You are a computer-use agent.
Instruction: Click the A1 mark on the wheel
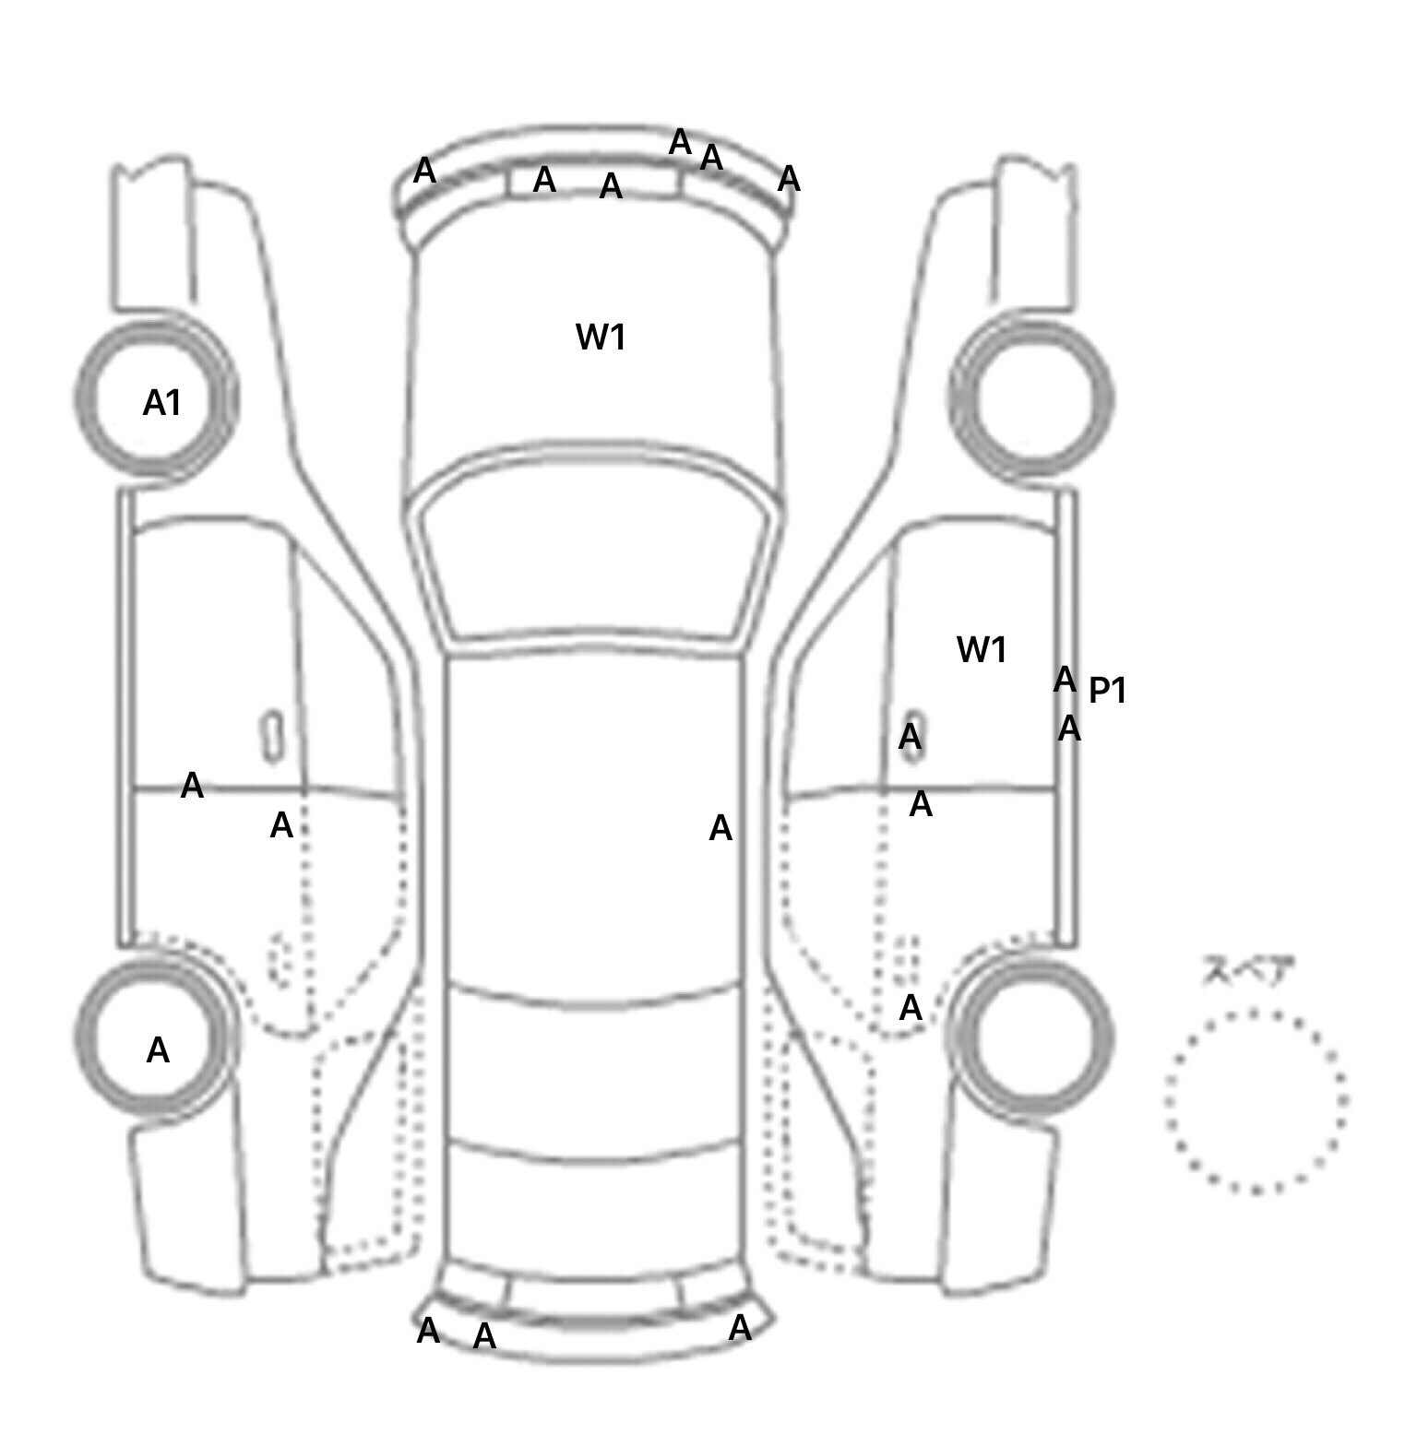click(161, 403)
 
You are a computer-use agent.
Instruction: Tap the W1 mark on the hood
click(601, 338)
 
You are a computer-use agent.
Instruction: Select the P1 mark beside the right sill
click(1107, 690)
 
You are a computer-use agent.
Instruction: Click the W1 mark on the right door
click(982, 650)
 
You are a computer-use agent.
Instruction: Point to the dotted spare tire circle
click(1256, 1101)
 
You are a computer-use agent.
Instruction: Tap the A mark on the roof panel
click(720, 829)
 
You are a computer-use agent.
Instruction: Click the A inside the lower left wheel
click(158, 1050)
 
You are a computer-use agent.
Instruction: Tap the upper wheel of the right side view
click(1030, 398)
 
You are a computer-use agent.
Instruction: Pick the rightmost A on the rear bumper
click(740, 1328)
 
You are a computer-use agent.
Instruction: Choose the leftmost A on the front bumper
click(424, 171)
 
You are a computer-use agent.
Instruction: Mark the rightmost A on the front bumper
click(789, 179)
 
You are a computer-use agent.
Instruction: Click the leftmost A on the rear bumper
click(428, 1331)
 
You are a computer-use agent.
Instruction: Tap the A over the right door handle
click(910, 737)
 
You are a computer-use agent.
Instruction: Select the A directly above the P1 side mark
click(1065, 680)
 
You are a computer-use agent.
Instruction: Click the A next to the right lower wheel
click(911, 1008)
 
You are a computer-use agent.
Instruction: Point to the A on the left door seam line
click(192, 786)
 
